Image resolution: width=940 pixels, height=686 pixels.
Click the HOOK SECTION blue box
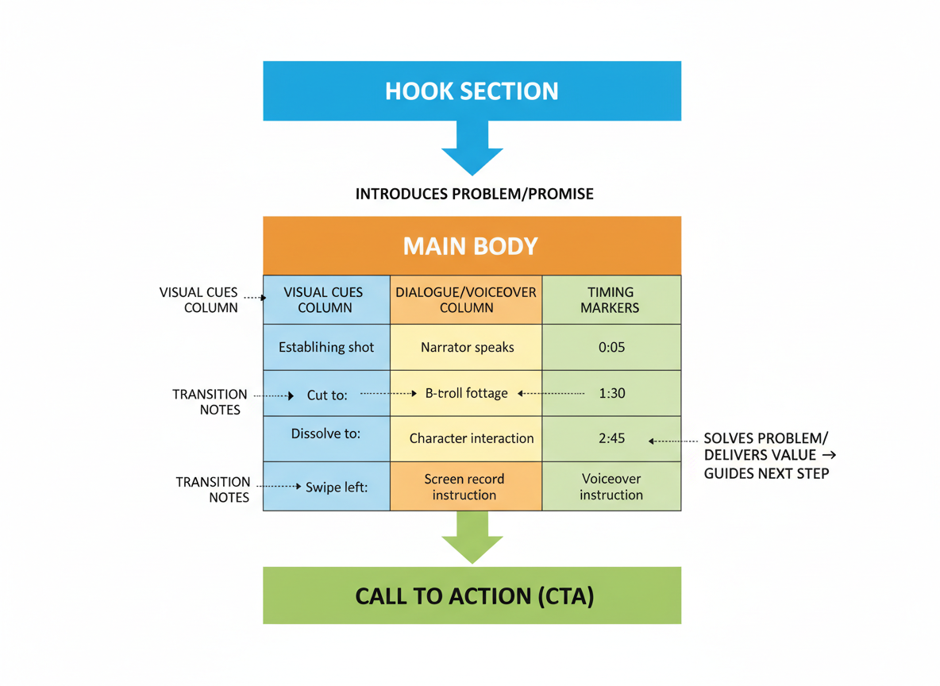coord(472,91)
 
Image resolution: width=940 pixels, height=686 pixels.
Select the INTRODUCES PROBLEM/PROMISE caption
coord(474,194)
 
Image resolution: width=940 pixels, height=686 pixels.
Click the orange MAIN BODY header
coord(472,245)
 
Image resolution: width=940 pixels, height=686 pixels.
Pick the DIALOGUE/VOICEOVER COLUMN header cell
coord(466,299)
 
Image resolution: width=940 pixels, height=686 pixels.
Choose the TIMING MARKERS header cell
coord(611,299)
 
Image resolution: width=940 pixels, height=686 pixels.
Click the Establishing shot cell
coord(326,347)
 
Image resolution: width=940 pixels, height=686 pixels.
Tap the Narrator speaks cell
coord(466,347)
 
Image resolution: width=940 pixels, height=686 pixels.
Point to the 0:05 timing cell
coord(611,347)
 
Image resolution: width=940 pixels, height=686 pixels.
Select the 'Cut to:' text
coord(328,394)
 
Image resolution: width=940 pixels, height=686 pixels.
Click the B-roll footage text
coord(466,392)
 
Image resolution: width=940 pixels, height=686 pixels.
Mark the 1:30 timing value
coord(611,393)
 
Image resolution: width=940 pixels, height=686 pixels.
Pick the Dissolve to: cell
coord(326,434)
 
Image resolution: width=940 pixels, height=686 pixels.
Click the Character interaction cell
coord(471,438)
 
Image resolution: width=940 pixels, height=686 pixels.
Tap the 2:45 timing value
coord(611,438)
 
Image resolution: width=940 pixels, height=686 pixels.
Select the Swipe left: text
coord(337,487)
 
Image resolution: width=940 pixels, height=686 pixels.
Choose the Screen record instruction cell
coord(464,487)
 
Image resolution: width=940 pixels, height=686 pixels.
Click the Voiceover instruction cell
coord(611,487)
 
